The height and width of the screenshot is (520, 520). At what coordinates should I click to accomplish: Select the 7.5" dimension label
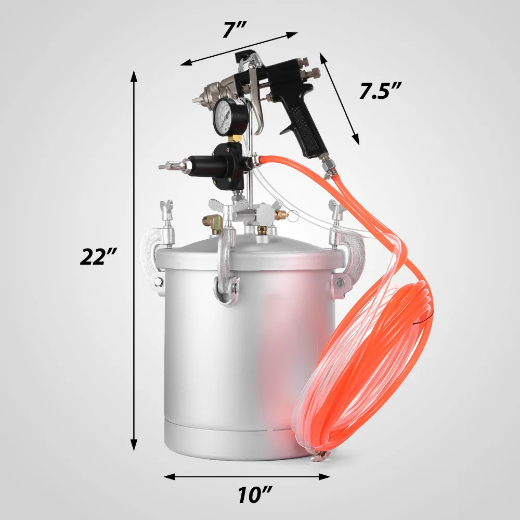point(380,92)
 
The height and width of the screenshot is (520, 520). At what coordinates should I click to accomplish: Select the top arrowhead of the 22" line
point(134,76)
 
